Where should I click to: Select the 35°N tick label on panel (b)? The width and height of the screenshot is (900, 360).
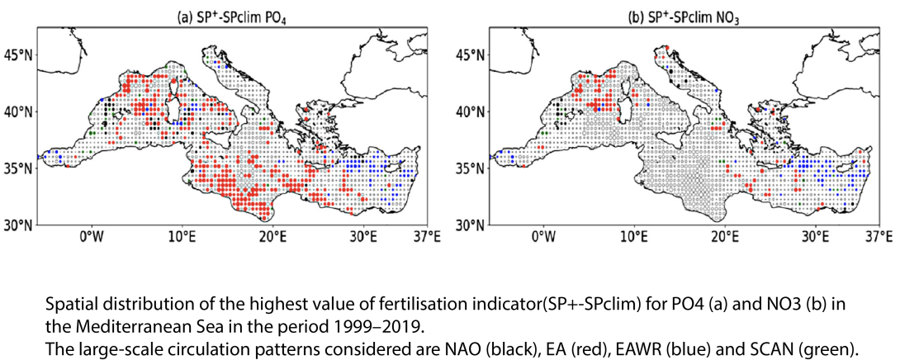point(468,168)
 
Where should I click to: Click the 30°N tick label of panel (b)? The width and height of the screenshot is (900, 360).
point(468,225)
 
